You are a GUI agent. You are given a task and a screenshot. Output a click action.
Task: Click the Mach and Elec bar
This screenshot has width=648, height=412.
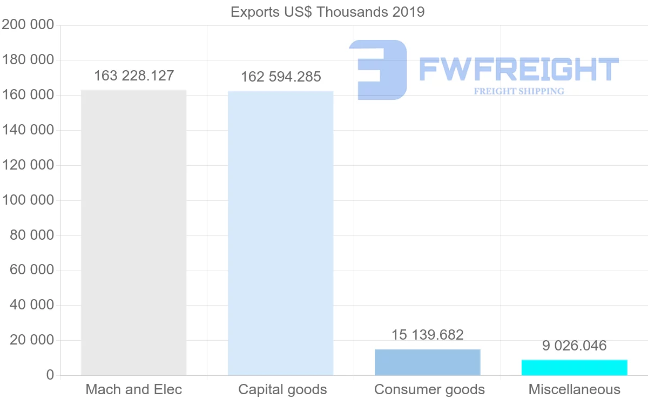pyautogui.click(x=133, y=232)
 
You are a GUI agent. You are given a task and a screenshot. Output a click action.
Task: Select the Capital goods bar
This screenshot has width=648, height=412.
pyautogui.click(x=280, y=233)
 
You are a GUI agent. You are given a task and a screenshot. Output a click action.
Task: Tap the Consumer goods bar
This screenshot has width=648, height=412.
pyautogui.click(x=427, y=362)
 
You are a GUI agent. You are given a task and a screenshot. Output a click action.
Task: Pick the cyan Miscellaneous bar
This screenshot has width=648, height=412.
pyautogui.click(x=574, y=368)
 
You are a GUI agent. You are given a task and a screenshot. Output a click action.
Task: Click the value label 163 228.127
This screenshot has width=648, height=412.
pyautogui.click(x=134, y=76)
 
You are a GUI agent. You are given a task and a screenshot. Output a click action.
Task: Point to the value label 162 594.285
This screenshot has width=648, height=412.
pyautogui.click(x=281, y=77)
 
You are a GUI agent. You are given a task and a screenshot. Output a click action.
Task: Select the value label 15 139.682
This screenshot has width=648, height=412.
pyautogui.click(x=427, y=335)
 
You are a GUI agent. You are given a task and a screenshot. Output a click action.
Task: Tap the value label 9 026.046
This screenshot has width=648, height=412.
pyautogui.click(x=574, y=346)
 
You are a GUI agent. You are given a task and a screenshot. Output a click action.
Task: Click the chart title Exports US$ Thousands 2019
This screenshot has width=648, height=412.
pyautogui.click(x=327, y=12)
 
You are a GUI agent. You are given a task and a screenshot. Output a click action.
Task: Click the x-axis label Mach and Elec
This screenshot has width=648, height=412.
pyautogui.click(x=134, y=389)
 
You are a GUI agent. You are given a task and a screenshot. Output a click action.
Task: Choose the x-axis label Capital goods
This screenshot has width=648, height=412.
pyautogui.click(x=282, y=389)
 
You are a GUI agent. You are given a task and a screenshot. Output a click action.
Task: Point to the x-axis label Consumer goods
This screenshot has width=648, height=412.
pyautogui.click(x=429, y=389)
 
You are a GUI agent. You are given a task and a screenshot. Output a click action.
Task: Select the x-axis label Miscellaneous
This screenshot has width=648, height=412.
pyautogui.click(x=574, y=389)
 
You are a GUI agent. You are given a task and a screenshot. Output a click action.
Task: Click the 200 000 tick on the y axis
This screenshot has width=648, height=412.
pyautogui.click(x=28, y=25)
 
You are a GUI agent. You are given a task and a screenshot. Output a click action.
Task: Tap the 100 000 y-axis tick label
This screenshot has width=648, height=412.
pyautogui.click(x=28, y=200)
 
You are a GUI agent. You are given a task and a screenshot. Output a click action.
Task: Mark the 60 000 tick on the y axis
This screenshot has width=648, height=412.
pyautogui.click(x=32, y=270)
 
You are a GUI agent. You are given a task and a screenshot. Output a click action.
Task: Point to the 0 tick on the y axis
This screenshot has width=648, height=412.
pyautogui.click(x=50, y=375)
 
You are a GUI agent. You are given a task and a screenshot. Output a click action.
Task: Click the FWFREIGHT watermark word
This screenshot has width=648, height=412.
pyautogui.click(x=518, y=69)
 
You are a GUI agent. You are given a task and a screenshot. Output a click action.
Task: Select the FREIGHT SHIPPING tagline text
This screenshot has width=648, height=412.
pyautogui.click(x=518, y=91)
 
